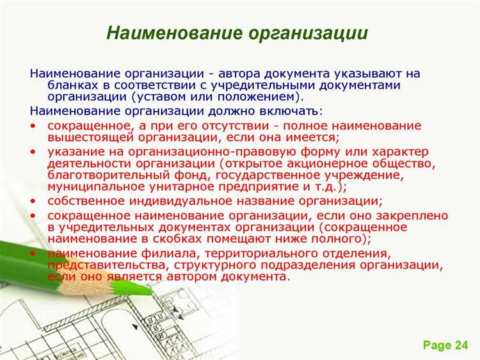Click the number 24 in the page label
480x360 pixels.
[x=461, y=345]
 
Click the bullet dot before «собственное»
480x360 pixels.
[x=34, y=200]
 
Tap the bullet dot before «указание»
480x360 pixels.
[x=34, y=151]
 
